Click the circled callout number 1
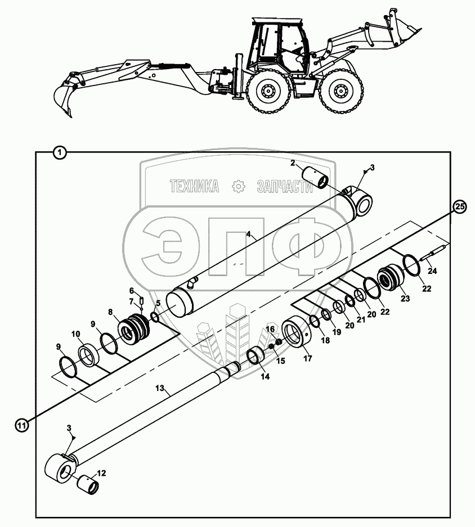pos(59,152)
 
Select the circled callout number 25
pos(460,206)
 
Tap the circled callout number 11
pos(21,426)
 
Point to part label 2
pos(293,163)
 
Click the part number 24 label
pos(432,271)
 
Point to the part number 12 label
pos(101,473)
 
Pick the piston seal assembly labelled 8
pos(136,329)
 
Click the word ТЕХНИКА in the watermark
pos(194,186)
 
